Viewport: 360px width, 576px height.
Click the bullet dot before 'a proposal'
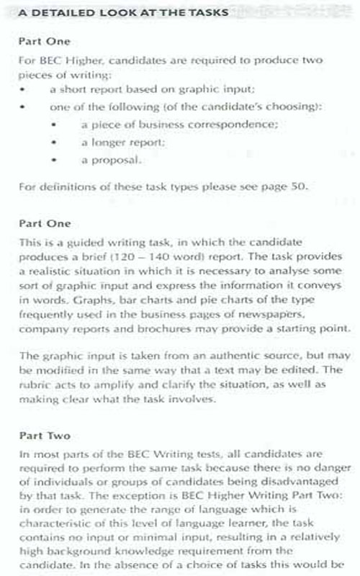click(x=56, y=160)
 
